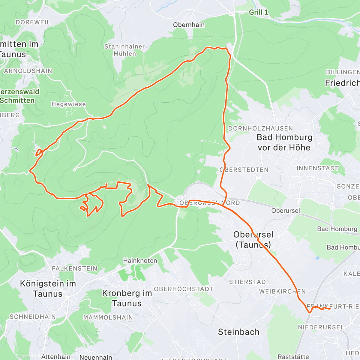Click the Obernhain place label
tap(189, 25)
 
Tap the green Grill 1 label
tap(258, 12)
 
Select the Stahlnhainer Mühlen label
tap(124, 50)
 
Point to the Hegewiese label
tap(68, 104)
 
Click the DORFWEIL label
tap(33, 22)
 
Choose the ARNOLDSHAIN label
tap(28, 71)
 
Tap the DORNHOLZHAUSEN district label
tap(260, 128)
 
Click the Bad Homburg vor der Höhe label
tap(284, 142)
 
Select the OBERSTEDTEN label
tap(244, 170)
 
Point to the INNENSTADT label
tap(317, 168)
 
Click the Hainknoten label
tap(140, 261)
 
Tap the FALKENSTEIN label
tap(75, 268)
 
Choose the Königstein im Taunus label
tap(48, 288)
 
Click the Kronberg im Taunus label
tap(127, 298)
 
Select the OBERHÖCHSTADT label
tap(184, 289)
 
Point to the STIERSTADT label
tap(249, 282)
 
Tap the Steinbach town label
tap(238, 332)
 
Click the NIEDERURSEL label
tap(321, 327)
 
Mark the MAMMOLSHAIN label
tap(108, 317)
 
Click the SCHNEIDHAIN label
tap(33, 316)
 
